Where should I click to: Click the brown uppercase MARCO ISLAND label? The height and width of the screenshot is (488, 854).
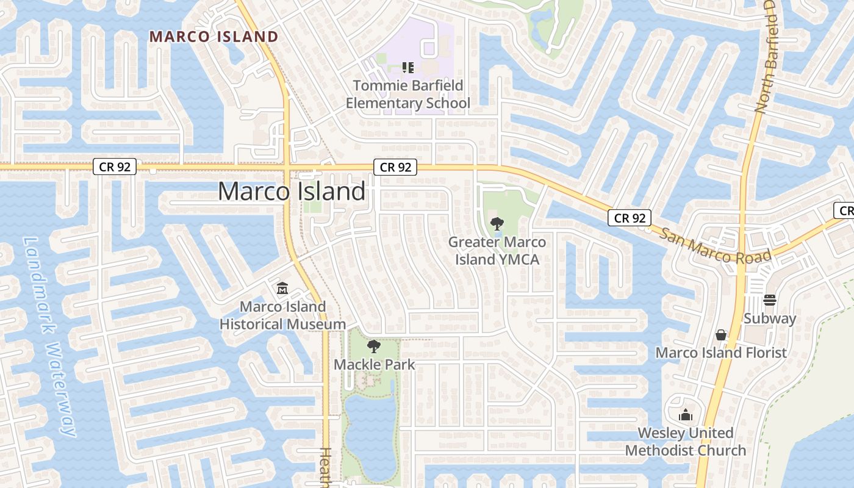[x=213, y=37]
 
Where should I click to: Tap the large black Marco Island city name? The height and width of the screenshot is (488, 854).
[x=292, y=192]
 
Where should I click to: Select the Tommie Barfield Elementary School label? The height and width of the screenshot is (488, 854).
[x=408, y=94]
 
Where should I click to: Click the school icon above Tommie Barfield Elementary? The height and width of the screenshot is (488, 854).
[x=408, y=68]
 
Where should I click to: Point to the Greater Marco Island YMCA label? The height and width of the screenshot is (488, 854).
[x=497, y=251]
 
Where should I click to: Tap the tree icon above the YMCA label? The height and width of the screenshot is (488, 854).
[x=497, y=224]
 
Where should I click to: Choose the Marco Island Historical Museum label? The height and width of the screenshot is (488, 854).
[x=282, y=315]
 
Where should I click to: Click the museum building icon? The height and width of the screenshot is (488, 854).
[x=282, y=288]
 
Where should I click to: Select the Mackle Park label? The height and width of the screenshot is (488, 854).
[x=374, y=365]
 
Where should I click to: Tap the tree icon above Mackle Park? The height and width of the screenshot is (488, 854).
[x=374, y=346]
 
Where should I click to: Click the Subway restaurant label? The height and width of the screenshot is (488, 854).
[x=770, y=318]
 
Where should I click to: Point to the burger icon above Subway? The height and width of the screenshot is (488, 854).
[x=770, y=300]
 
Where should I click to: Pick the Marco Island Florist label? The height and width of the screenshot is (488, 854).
[x=721, y=353]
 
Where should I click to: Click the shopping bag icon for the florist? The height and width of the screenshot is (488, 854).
[x=721, y=335]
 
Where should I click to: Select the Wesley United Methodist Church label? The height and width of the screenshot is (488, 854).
[x=686, y=442]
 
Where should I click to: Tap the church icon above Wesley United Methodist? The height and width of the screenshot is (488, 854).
[x=686, y=415]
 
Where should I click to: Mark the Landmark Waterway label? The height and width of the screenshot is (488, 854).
[x=51, y=335]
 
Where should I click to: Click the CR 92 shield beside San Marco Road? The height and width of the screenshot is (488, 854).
[x=630, y=218]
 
